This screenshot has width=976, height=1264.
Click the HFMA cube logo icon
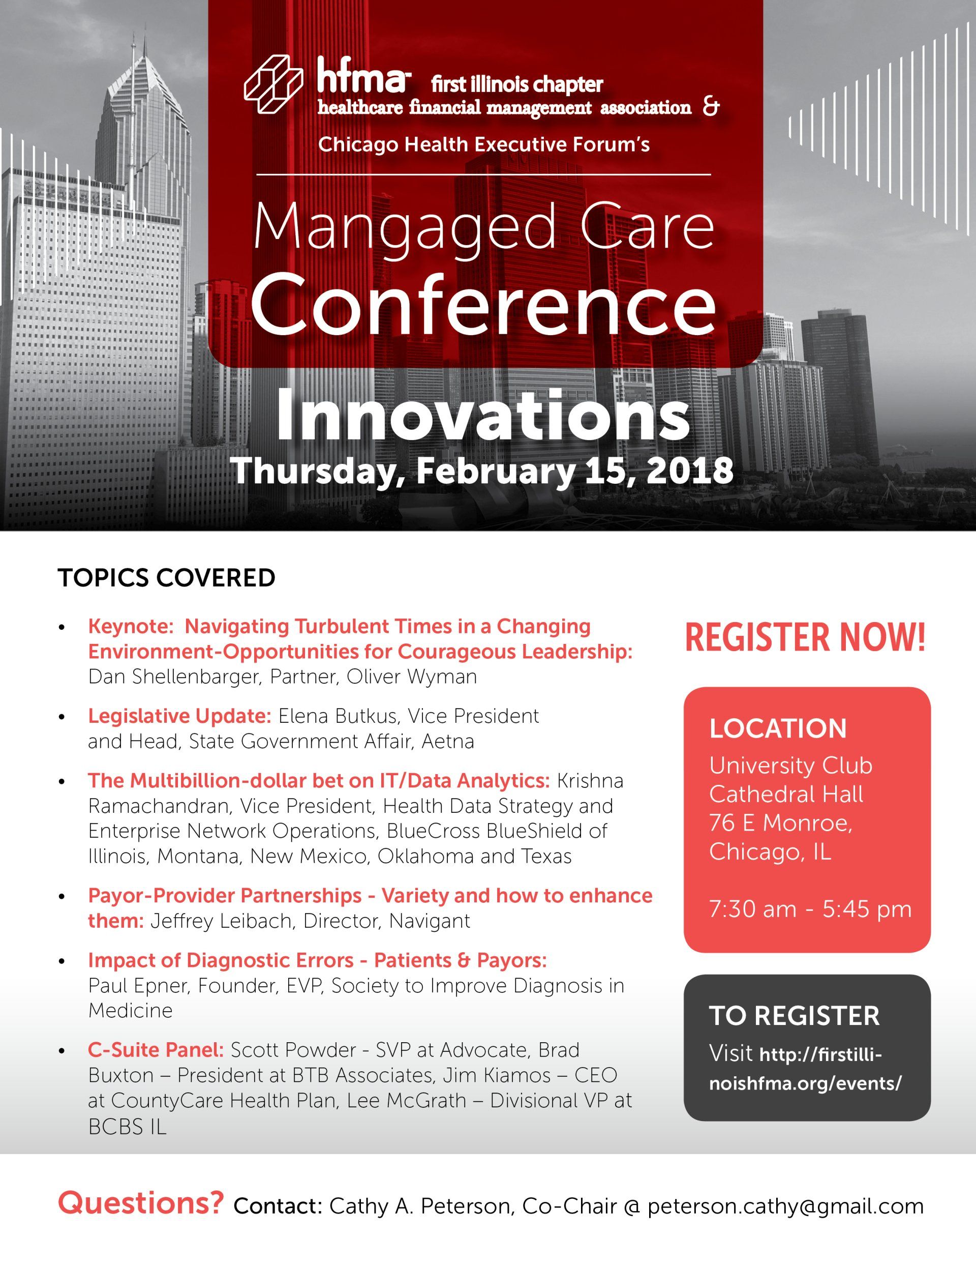pos(273,84)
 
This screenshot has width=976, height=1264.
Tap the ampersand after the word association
pos(712,107)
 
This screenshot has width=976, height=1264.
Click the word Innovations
pos(482,416)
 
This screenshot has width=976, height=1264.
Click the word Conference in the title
pos(483,303)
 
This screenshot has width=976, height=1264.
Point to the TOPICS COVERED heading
pos(167,578)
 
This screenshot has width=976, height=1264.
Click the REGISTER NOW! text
pos(805,638)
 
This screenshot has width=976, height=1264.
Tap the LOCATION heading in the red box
pos(778,728)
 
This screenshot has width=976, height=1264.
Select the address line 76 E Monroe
pos(780,822)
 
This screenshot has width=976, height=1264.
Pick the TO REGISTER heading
pos(794,1016)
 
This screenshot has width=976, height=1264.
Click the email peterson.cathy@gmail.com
pos(785,1207)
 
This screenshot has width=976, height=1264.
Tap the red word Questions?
pos(141,1203)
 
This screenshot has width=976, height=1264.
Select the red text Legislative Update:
pos(179,716)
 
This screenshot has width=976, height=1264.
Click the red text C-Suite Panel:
pos(156,1050)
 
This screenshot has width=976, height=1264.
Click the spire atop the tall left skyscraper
pos(133,52)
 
